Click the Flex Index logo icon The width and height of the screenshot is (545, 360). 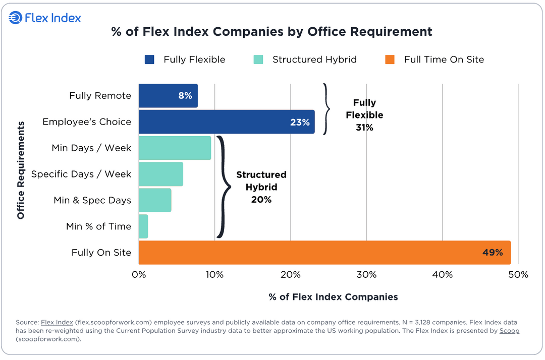coord(16,18)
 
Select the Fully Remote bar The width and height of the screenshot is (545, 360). coord(168,96)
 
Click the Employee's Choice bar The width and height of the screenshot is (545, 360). coord(226,122)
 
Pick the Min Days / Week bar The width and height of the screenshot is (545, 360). coord(175,148)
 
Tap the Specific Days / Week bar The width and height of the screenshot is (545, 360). coord(160,174)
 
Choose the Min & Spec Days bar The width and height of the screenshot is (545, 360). coord(155,200)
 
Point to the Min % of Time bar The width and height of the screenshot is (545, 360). coord(143,226)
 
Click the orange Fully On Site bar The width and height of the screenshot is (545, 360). coord(324,253)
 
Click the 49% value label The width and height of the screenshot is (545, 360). coord(493,253)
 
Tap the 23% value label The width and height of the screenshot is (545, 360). coord(300,122)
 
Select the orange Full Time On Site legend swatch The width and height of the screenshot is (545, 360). coord(390,59)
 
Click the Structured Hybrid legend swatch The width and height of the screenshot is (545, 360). coord(258,59)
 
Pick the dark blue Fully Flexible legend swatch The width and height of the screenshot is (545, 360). coord(149,59)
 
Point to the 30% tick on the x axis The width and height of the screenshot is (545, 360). coord(366,275)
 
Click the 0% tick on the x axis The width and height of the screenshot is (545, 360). coord(139,275)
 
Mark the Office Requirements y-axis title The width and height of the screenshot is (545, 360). coord(21,170)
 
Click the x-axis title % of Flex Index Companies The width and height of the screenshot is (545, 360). coord(333,297)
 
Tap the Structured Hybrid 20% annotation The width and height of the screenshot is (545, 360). coord(261,187)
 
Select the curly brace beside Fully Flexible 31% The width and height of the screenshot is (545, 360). coord(326,108)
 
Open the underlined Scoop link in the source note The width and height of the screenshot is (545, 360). coord(509,331)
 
